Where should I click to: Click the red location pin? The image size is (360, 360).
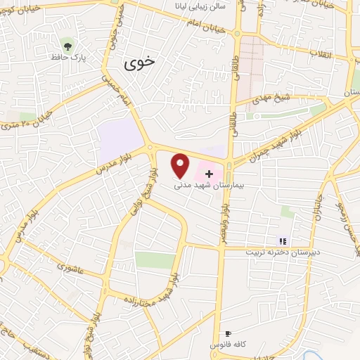tap(181, 165)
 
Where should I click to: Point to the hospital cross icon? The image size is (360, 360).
tap(209, 173)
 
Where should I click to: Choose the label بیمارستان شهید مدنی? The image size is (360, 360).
tap(208, 186)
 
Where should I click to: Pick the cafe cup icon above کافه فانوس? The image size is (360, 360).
tap(227, 334)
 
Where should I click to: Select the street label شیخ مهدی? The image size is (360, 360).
tap(268, 99)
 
